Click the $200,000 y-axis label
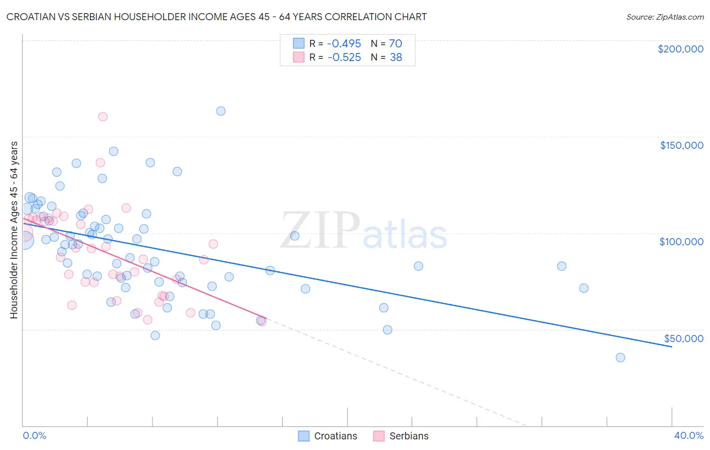pos(680,49)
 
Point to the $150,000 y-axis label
pos(681,145)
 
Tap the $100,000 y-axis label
pos(681,242)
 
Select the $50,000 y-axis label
pos(683,338)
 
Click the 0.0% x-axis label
pos(34,435)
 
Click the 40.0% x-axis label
pos(688,435)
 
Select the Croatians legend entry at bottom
pos(335,436)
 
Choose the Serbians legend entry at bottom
pos(409,436)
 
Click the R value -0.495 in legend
pos(344,44)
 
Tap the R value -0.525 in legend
pos(344,58)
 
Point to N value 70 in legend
pos(395,44)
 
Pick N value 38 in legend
pos(395,58)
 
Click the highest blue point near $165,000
pos(221,111)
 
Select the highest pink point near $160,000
pos(103,117)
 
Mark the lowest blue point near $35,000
pos(620,358)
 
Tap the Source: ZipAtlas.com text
pos(665,17)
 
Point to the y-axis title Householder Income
pos(14,230)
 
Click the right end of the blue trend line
pos(672,347)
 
